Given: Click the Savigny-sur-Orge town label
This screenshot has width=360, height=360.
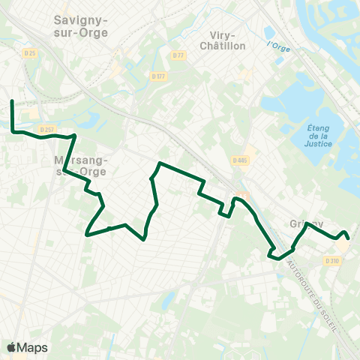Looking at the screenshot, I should tap(81, 26).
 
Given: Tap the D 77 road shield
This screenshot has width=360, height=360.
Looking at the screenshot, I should tap(178, 55).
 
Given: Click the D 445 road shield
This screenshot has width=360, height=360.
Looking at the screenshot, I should tap(240, 160).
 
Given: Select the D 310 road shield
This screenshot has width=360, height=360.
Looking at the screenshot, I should tap(332, 260).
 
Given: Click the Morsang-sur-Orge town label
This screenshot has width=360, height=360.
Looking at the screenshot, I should tap(82, 166).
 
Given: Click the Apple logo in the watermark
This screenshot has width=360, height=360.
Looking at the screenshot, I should tap(12, 347).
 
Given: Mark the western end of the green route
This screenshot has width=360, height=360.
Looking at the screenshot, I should tap(12, 100).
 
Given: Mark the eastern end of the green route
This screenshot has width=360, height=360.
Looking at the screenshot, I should tap(349, 238).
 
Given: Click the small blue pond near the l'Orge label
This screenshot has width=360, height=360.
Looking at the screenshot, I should tap(268, 32).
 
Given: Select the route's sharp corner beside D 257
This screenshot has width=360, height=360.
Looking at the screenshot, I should tap(75, 136).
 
